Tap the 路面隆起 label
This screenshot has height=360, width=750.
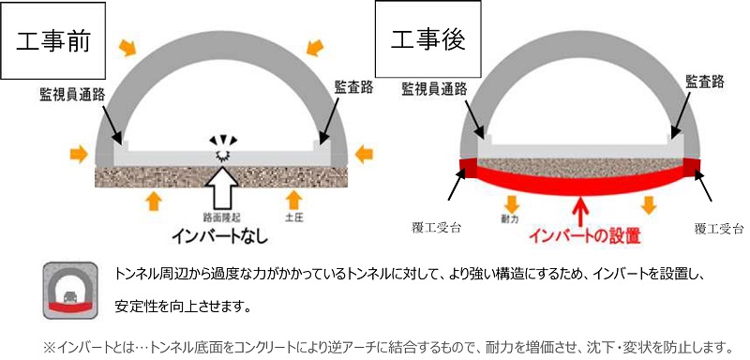(222, 216)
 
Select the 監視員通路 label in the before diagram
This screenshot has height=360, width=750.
(71, 95)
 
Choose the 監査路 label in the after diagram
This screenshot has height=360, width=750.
(705, 83)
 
